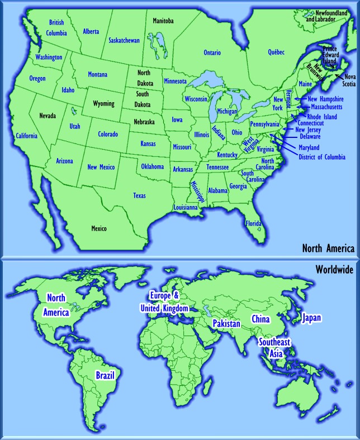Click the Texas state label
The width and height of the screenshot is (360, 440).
[x=139, y=195]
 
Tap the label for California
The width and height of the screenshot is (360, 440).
[x=26, y=136]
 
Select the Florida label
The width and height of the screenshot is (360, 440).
[x=253, y=223]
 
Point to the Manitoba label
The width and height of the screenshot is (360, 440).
[x=163, y=21]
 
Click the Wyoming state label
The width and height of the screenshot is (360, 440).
[x=103, y=103]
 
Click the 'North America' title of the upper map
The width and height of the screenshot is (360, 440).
[x=328, y=248]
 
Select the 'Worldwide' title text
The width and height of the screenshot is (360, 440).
[x=334, y=269]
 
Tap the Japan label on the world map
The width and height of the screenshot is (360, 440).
[x=311, y=318]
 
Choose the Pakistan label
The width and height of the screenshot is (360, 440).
[x=226, y=323]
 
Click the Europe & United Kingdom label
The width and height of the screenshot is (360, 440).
[x=165, y=302]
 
